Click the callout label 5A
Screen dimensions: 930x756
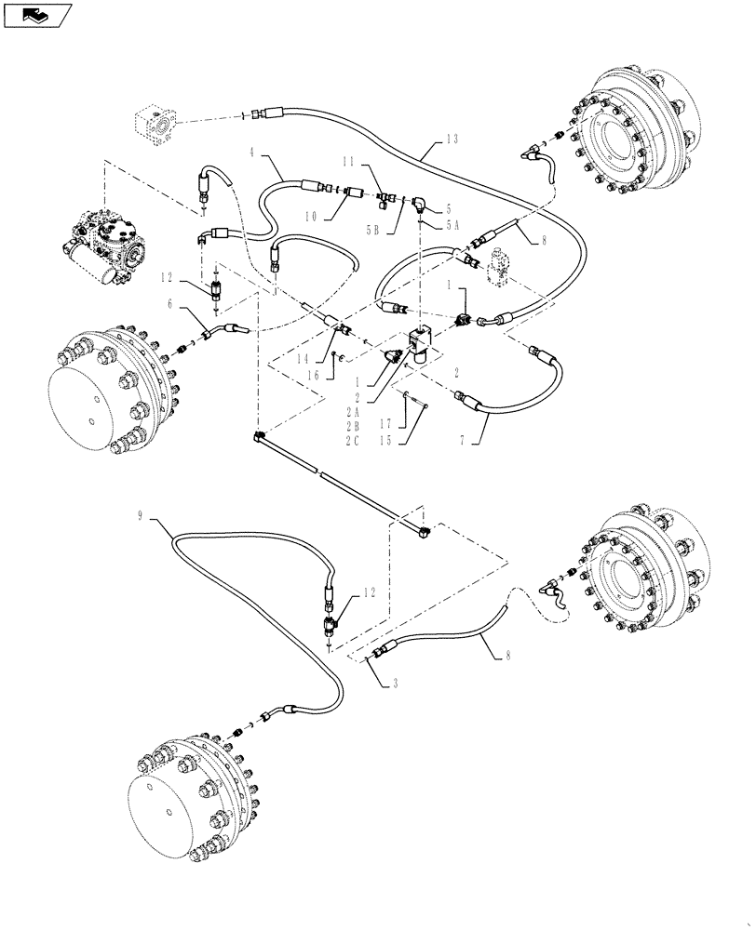[453, 224]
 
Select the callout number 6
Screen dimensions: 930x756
[170, 303]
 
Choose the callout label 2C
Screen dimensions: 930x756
[352, 441]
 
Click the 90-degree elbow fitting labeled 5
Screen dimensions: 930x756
[422, 203]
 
